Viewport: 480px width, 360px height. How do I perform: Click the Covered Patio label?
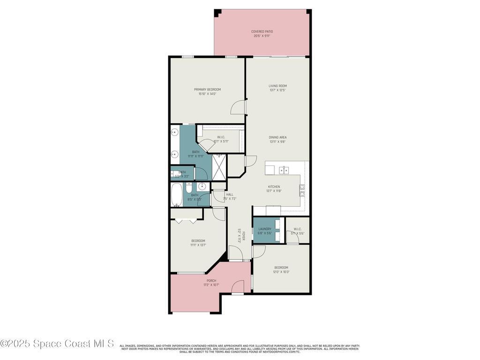(262, 31)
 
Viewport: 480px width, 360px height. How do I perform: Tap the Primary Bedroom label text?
(207, 90)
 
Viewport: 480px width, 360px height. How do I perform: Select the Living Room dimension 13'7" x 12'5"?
(277, 90)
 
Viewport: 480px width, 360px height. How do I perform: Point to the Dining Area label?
(277, 137)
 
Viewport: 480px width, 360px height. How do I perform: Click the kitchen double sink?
(284, 169)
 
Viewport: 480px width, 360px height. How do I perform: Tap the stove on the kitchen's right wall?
(302, 189)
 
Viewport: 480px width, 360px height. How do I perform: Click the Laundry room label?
(264, 229)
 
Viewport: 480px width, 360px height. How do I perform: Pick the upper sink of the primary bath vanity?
(174, 133)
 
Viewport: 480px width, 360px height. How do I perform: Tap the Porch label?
(211, 281)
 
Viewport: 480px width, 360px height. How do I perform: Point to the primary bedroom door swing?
(238, 107)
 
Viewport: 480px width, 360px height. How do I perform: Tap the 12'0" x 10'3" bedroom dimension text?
(281, 272)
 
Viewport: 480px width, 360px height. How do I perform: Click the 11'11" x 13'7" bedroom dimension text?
(198, 245)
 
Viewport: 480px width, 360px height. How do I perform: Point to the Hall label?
(230, 195)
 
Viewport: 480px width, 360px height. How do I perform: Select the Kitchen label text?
(274, 187)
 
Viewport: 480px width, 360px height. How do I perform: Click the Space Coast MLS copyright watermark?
(57, 343)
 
